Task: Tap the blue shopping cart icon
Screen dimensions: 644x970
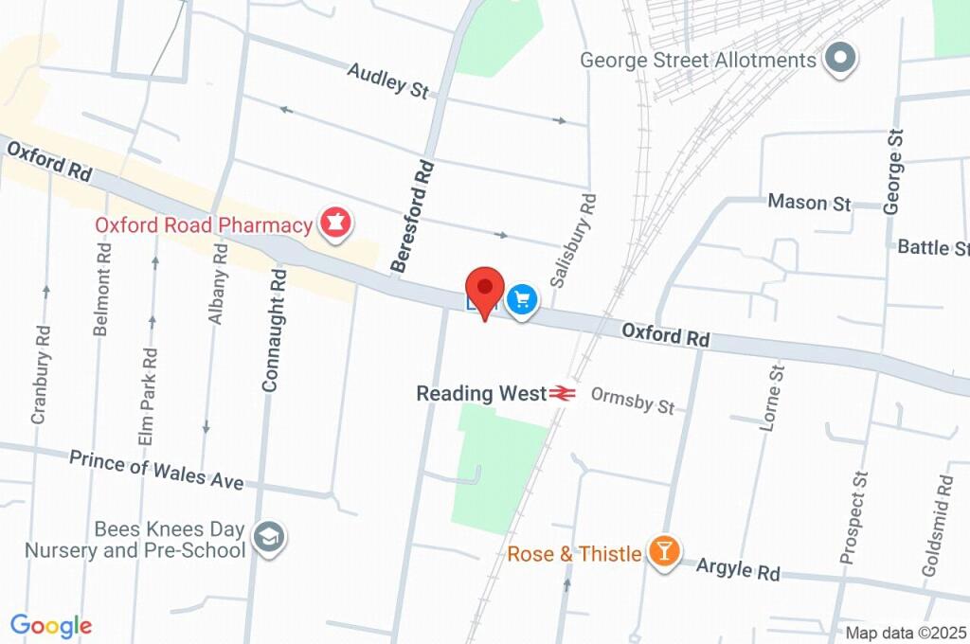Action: click(x=521, y=301)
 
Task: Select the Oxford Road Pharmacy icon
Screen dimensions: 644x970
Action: click(x=334, y=224)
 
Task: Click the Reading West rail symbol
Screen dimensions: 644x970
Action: click(x=562, y=392)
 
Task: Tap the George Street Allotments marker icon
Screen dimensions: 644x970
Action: click(x=839, y=60)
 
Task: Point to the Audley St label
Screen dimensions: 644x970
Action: click(x=388, y=80)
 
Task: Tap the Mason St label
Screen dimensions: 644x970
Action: click(x=810, y=202)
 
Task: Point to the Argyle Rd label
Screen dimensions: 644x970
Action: click(x=738, y=569)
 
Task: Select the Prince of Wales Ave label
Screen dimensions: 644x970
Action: click(x=156, y=470)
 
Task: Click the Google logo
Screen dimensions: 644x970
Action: click(x=50, y=626)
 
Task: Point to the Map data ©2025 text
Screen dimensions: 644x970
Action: click(x=906, y=633)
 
